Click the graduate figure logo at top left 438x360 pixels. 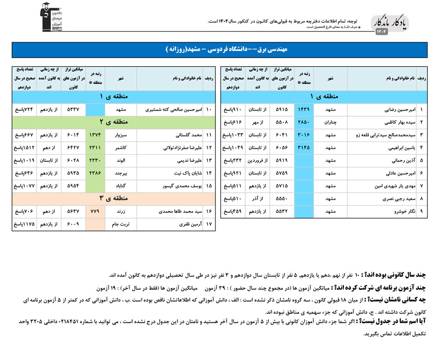tap(49, 17)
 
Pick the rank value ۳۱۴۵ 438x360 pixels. tap(304, 148)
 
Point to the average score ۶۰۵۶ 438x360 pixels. tap(282, 148)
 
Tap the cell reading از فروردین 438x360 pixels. tap(258, 161)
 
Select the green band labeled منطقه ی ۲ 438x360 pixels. tap(113, 121)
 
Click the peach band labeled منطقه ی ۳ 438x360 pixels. tap(113, 198)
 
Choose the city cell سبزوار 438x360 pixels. tap(121, 134)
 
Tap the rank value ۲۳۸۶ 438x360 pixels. tap(95, 173)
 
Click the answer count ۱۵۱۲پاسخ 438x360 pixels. tap(24, 147)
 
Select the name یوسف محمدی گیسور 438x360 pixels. tap(177, 186)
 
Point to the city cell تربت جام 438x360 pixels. tap(121, 224)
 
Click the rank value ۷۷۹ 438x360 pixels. tap(95, 211)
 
